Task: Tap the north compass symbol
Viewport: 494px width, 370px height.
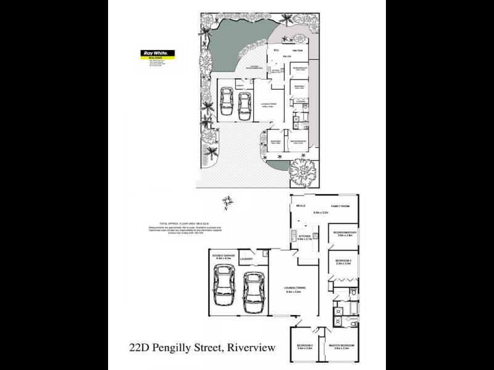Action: pos(228,201)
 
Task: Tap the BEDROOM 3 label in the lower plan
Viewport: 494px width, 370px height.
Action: pos(344,261)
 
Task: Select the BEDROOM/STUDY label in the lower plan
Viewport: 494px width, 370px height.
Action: pos(345,232)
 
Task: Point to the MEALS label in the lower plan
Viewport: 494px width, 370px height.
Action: pos(301,205)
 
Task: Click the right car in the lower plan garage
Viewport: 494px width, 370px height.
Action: pos(253,292)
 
